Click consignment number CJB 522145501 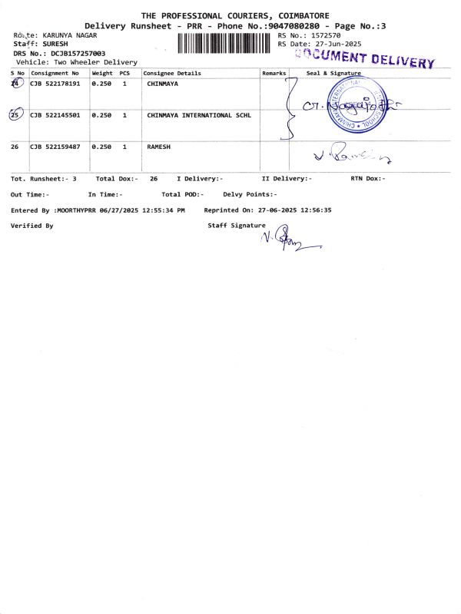click(x=55, y=115)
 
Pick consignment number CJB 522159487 click(x=55, y=146)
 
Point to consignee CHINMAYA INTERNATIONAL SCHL click(x=198, y=115)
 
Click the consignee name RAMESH click(x=158, y=146)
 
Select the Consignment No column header click(x=55, y=73)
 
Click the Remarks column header click(x=274, y=73)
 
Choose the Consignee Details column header click(x=172, y=73)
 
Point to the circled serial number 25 click(x=15, y=115)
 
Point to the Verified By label click(x=32, y=226)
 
